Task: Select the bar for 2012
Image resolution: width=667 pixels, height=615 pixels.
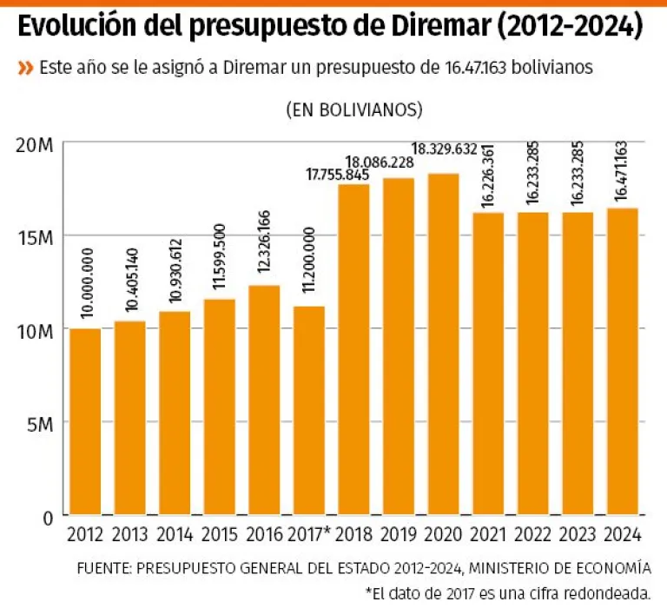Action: tap(85, 421)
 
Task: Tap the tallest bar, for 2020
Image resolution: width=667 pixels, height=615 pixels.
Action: tap(444, 344)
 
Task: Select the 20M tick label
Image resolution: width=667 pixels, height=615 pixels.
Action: tap(36, 144)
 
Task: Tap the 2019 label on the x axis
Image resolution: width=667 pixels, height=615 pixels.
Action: tap(399, 534)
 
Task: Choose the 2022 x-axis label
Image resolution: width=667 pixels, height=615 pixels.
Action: tap(533, 534)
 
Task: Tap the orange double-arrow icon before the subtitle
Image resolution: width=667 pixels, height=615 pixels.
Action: tap(25, 68)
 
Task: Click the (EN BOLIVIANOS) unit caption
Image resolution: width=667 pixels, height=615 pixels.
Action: tap(353, 110)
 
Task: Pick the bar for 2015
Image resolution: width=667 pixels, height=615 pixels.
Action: tap(220, 407)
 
